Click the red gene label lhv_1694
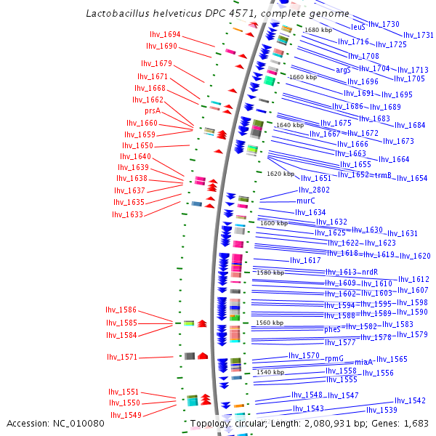point(165,34)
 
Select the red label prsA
point(152,111)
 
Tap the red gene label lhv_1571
point(122,357)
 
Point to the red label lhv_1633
point(127,214)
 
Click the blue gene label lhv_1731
point(419,35)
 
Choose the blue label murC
point(305,201)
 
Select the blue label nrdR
point(370,272)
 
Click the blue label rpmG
point(334,358)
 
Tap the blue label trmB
point(383,175)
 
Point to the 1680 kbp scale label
point(317,30)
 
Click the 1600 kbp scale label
point(274,223)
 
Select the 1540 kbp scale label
point(270,372)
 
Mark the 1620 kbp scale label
point(280,174)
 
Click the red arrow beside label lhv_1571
point(203,355)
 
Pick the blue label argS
point(343,70)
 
